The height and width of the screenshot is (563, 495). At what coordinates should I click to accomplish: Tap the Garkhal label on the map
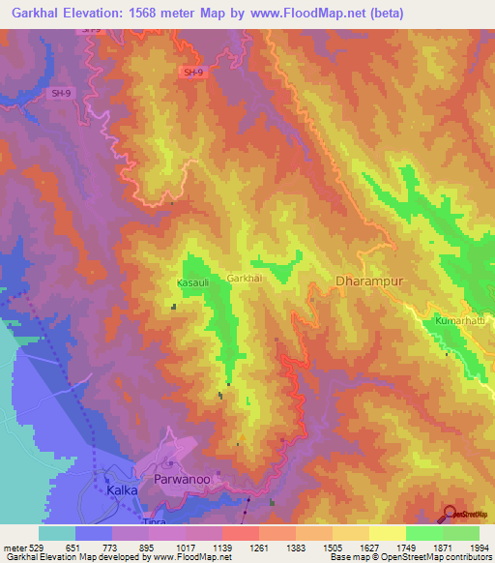click(245, 279)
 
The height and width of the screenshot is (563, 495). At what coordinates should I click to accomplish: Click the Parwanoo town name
click(182, 479)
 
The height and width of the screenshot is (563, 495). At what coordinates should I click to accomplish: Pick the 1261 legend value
click(259, 547)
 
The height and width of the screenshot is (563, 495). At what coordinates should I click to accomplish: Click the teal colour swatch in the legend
click(56, 533)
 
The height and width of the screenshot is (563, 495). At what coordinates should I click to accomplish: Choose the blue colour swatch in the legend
click(93, 533)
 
